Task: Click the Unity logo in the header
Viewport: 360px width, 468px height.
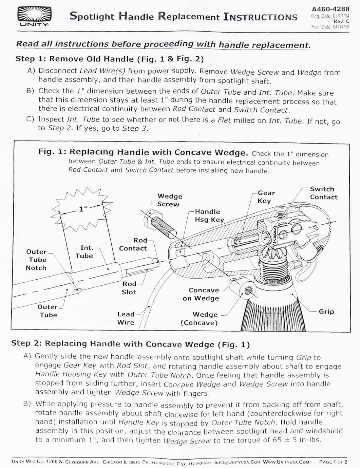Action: coord(34,17)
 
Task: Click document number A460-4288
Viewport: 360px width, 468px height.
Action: coord(330,9)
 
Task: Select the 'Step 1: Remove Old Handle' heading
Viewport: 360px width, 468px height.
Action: coord(110,59)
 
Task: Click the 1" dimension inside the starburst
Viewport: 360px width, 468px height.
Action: coord(83,209)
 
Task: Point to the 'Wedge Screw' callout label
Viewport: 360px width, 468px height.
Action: coord(170,200)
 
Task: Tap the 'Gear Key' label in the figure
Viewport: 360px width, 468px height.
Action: coord(266,196)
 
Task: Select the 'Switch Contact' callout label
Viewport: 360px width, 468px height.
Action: coord(324,193)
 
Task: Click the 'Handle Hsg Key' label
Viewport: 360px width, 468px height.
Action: coord(209,216)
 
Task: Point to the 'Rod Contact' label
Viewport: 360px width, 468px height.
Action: coord(133,244)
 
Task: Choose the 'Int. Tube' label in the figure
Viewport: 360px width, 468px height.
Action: coord(84,252)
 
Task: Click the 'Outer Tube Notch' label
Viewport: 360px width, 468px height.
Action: coord(36,260)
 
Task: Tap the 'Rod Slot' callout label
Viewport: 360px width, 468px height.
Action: coord(129,288)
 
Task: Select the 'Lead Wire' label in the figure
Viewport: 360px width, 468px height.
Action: coord(126,318)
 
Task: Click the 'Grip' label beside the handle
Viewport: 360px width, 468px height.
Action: coord(326,312)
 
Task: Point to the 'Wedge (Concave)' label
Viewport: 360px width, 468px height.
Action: coord(200,319)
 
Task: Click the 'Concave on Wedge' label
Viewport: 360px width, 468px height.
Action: coord(201,294)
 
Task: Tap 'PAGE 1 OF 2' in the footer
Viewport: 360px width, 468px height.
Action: coord(333,462)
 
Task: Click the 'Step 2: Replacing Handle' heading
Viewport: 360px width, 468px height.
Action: coord(131,344)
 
